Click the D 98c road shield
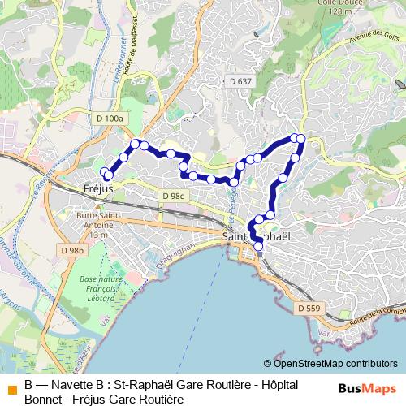pos(173,197)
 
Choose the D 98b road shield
pos(72,251)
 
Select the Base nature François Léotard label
pos(100,287)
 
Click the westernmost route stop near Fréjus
pos(107,175)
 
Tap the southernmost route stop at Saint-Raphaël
pos(259,246)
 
